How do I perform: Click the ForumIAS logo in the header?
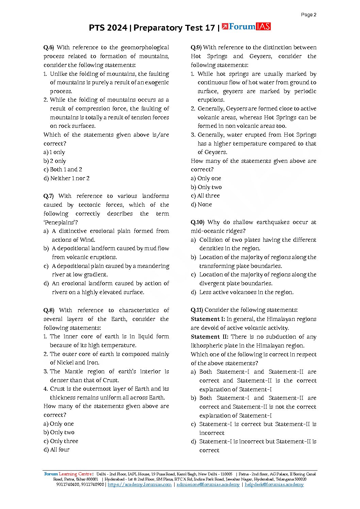click(246, 27)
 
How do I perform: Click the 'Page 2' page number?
click(309, 15)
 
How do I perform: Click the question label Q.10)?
click(197, 222)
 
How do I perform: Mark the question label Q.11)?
click(197, 310)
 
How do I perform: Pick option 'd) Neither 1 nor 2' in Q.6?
click(66, 178)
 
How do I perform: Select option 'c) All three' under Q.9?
click(205, 196)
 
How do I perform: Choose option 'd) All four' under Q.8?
click(56, 450)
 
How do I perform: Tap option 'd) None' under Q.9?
click(201, 205)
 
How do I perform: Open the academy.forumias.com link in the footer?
click(140, 485)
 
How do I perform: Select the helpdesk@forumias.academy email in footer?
click(274, 485)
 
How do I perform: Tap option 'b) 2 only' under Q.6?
click(55, 161)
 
